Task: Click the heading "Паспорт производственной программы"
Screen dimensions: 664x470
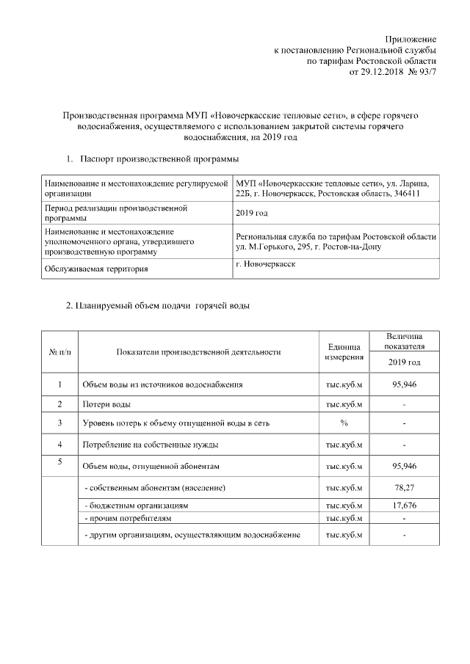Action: point(159,158)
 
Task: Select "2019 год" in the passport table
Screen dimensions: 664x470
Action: point(252,213)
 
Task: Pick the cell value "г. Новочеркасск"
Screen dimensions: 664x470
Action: point(266,264)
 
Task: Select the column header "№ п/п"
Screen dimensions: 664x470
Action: point(59,351)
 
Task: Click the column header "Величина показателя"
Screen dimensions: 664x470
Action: point(405,340)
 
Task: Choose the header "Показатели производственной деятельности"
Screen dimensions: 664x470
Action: point(198,351)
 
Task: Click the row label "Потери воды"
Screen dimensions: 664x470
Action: point(107,404)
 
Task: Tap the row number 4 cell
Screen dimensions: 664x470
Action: point(59,444)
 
